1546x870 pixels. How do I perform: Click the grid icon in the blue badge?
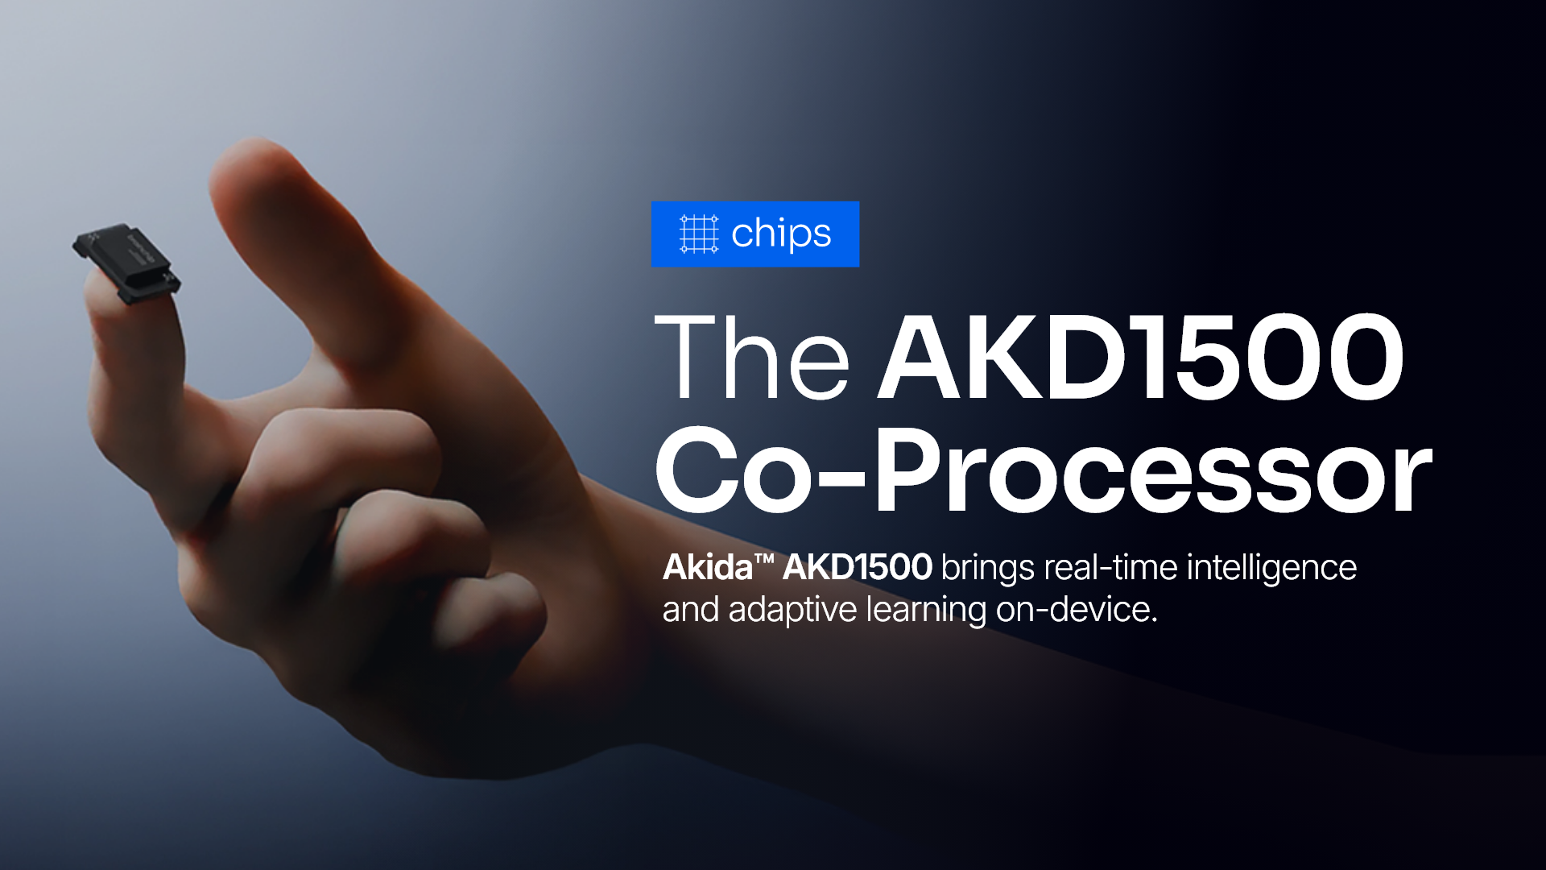tap(698, 234)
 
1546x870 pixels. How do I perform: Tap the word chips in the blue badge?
tap(781, 234)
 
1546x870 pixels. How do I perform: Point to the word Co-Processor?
tap(1044, 470)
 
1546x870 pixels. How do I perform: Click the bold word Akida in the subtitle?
tap(707, 567)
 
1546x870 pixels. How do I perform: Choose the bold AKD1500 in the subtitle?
tap(858, 567)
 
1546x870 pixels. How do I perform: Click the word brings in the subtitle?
tap(988, 569)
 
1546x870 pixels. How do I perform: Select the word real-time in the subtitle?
tap(1110, 567)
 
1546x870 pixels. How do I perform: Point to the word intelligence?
tap(1271, 569)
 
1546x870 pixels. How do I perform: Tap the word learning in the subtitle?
tap(926, 611)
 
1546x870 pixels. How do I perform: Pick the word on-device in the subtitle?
tap(1077, 609)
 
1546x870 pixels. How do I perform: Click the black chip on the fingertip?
tap(127, 263)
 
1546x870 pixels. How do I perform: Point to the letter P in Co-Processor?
tap(910, 470)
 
